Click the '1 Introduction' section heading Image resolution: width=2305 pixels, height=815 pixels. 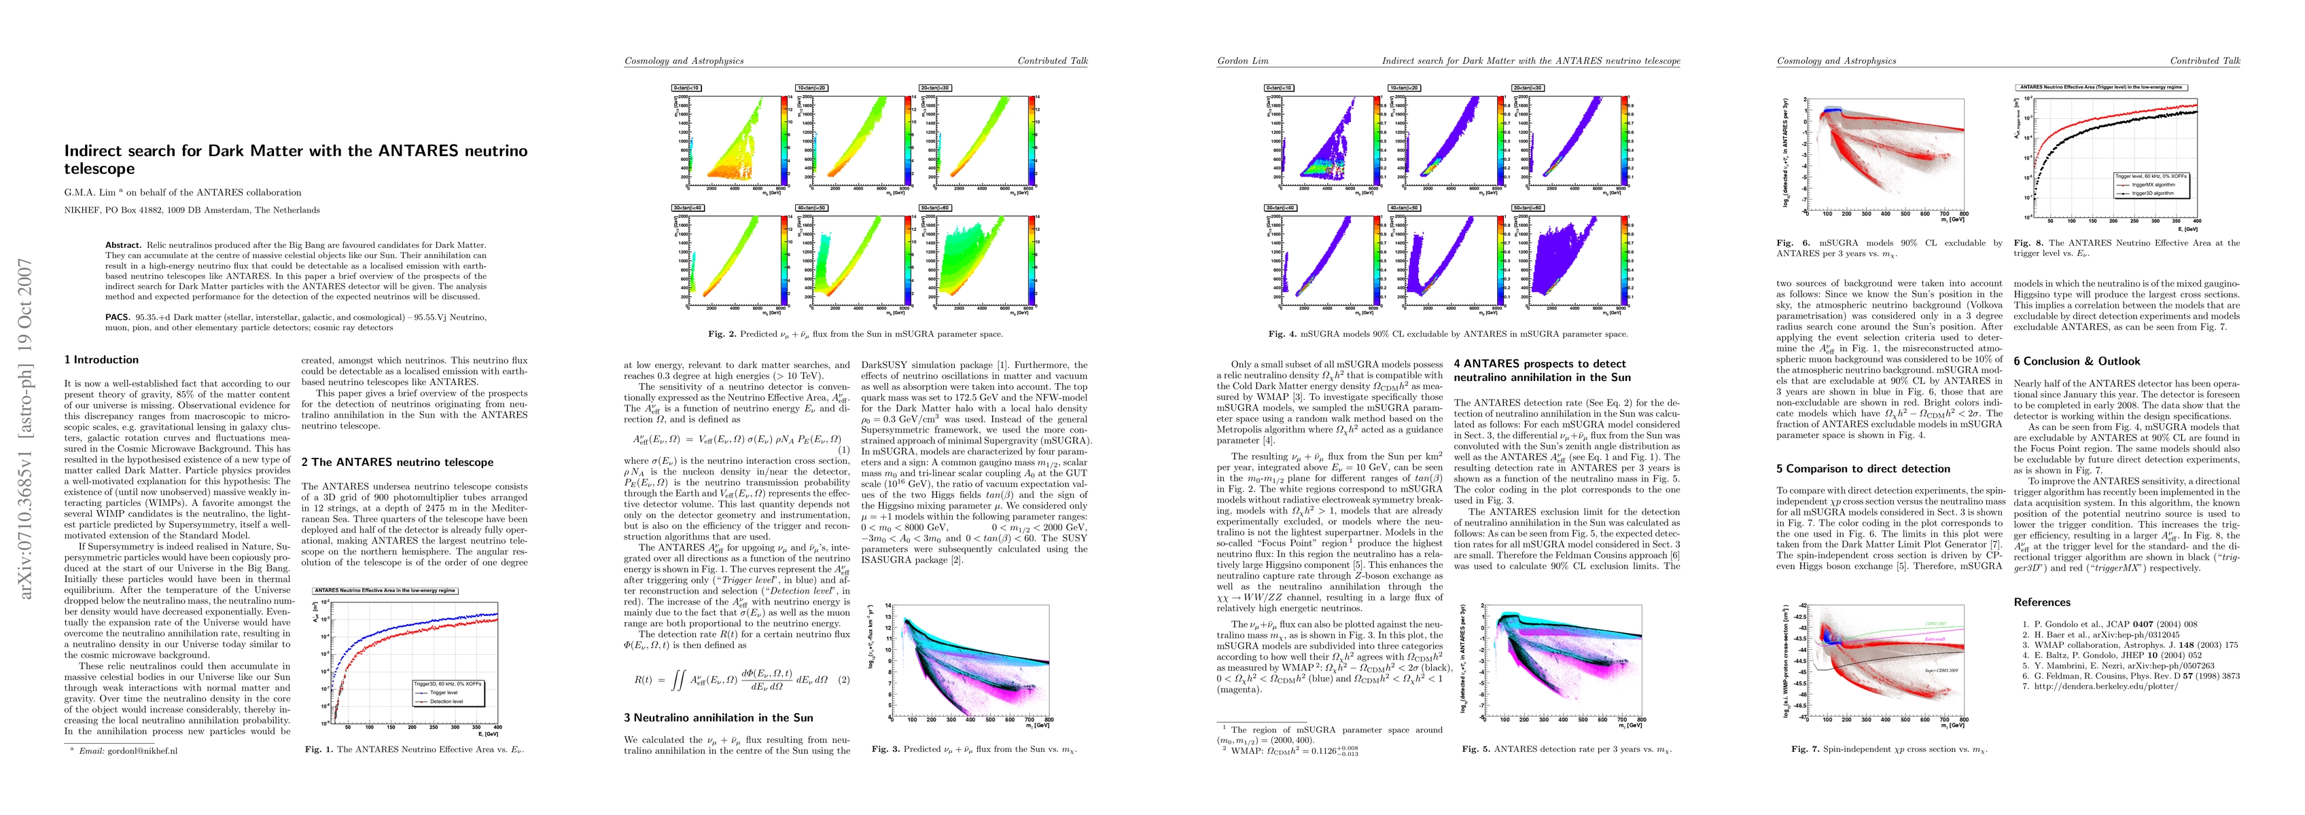[101, 360]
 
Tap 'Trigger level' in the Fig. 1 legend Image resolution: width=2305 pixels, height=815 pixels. [444, 693]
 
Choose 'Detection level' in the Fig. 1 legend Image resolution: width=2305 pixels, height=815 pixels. [446, 702]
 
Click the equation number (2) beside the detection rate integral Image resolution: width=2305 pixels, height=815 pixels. [843, 679]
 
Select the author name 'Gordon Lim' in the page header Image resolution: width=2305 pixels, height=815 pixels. [1241, 61]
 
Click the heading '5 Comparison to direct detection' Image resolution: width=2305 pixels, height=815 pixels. [1861, 469]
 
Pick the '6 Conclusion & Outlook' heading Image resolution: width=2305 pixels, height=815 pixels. [2077, 361]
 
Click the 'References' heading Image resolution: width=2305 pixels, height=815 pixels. [2042, 602]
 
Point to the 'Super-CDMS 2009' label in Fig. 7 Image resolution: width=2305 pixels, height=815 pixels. [1941, 669]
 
